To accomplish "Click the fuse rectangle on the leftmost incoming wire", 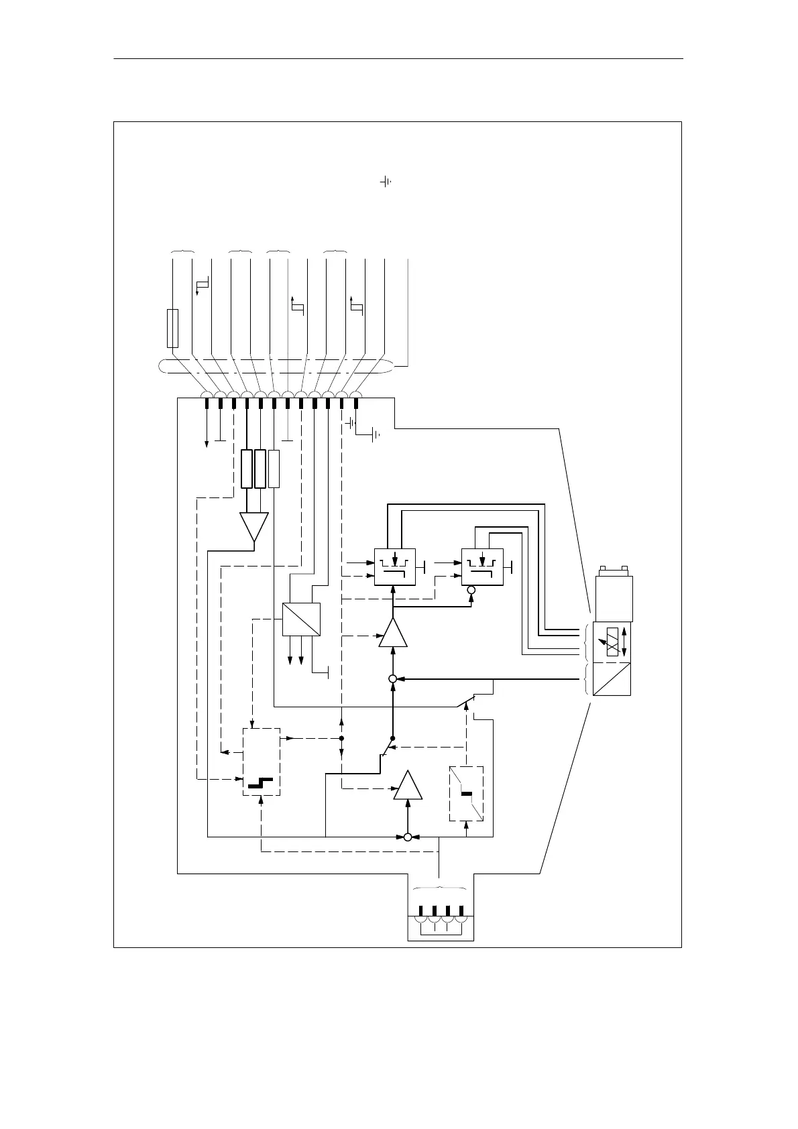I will pyautogui.click(x=172, y=329).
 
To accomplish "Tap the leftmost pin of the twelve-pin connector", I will pyautogui.click(x=207, y=404).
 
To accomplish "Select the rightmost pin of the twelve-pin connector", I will pyautogui.click(x=356, y=404).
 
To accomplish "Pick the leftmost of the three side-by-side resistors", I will pyautogui.click(x=247, y=469).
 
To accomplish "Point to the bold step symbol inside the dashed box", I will pyautogui.click(x=260, y=782).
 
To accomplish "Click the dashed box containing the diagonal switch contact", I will pyautogui.click(x=466, y=793).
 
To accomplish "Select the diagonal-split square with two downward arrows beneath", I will pyautogui.click(x=301, y=619).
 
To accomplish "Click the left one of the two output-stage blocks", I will pyautogui.click(x=394, y=567).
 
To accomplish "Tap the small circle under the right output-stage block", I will pyautogui.click(x=471, y=590).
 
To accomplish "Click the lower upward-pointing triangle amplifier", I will pyautogui.click(x=408, y=786).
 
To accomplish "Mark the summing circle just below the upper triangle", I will pyautogui.click(x=393, y=679).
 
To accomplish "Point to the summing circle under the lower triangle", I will pyautogui.click(x=407, y=837).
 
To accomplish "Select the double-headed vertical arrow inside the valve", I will pyautogui.click(x=625, y=642).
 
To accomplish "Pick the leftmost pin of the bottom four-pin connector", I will pyautogui.click(x=421, y=911).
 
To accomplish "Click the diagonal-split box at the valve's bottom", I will pyautogui.click(x=612, y=678).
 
